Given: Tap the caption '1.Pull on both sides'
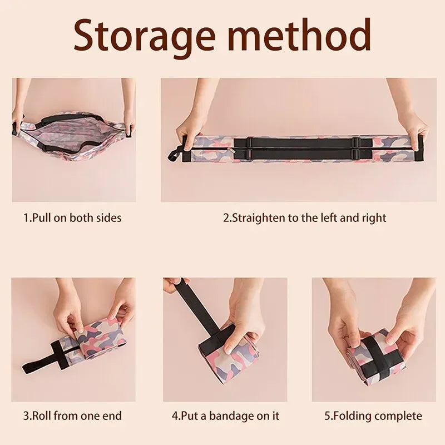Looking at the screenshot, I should pyautogui.click(x=72, y=218).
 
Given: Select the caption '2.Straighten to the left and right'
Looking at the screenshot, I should pyautogui.click(x=304, y=218).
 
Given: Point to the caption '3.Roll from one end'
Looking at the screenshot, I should pyautogui.click(x=72, y=416).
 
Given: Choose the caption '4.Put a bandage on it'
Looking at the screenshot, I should pyautogui.click(x=225, y=416).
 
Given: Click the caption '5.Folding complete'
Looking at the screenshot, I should pyautogui.click(x=373, y=416).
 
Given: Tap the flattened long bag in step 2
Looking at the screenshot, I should pyautogui.click(x=300, y=149).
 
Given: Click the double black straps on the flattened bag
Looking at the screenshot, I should pyautogui.click(x=300, y=149).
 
